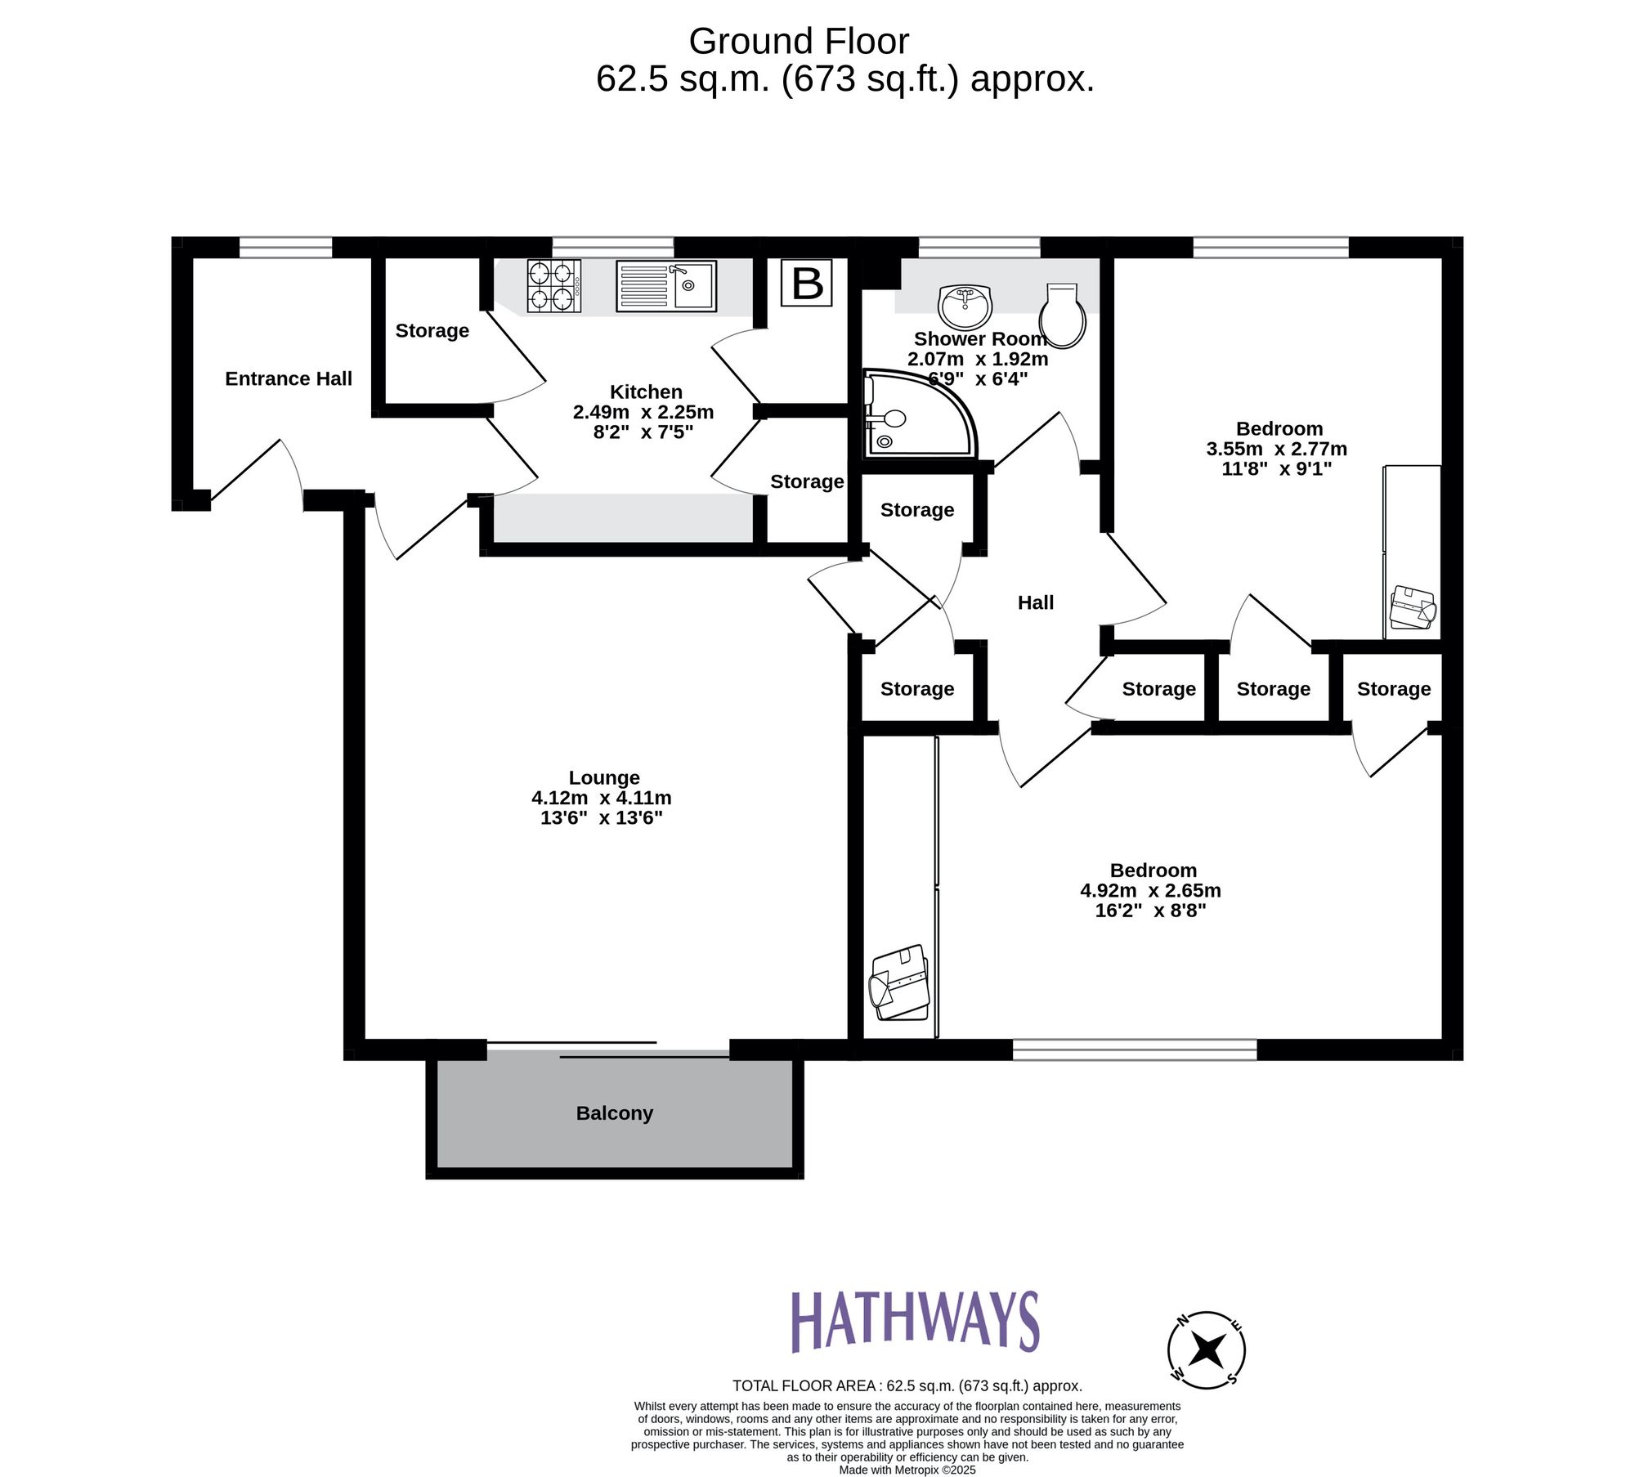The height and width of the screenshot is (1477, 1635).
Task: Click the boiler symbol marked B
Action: [x=807, y=284]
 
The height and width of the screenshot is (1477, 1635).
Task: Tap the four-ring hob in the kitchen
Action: [x=553, y=285]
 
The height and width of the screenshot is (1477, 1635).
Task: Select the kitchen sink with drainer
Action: [x=665, y=286]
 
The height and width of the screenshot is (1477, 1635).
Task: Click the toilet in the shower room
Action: [x=1062, y=316]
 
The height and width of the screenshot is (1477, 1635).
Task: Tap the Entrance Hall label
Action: [x=288, y=378]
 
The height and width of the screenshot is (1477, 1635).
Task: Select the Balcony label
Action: [x=614, y=1113]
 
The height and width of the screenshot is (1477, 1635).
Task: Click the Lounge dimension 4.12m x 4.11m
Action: [x=601, y=798]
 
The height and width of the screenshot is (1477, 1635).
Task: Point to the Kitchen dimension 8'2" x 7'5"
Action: [x=643, y=432]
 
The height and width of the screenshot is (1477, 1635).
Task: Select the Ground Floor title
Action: [x=798, y=41]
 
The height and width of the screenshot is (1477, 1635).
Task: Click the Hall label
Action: [x=1035, y=602]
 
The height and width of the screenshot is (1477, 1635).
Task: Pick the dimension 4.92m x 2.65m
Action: [x=1150, y=890]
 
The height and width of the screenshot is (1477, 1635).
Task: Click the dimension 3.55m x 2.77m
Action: [x=1276, y=449]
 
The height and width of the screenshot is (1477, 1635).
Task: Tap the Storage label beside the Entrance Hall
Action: [x=432, y=330]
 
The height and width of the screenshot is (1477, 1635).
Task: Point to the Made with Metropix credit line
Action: [x=907, y=1470]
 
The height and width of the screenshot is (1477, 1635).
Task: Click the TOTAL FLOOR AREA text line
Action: [x=907, y=1385]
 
